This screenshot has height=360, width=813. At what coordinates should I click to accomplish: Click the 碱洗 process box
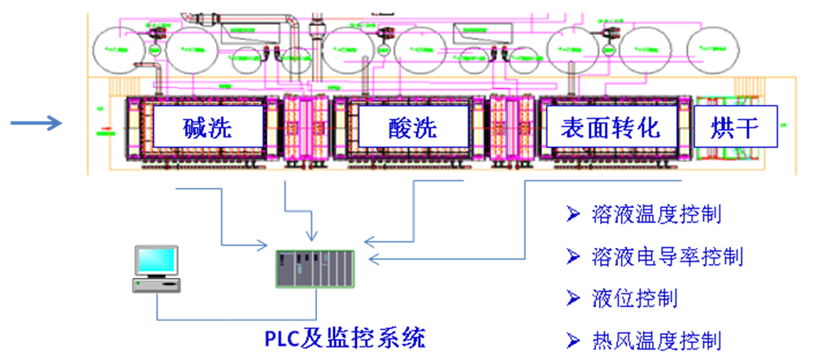tap(208, 128)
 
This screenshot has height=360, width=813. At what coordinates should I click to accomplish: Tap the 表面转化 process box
tap(610, 128)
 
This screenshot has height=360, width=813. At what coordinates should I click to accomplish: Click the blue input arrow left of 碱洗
tap(37, 124)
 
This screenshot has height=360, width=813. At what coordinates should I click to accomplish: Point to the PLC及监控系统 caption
tap(345, 336)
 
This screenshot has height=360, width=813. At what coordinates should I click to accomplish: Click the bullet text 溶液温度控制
tap(657, 215)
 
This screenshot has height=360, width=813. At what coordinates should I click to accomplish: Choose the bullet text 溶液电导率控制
tap(667, 258)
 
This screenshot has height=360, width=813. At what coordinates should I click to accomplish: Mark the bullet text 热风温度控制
tap(657, 340)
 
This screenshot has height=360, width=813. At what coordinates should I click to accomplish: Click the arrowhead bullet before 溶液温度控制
tap(573, 215)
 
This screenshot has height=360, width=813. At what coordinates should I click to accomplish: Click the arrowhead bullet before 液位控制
tap(573, 298)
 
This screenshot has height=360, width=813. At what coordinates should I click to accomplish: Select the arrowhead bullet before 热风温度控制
tap(573, 340)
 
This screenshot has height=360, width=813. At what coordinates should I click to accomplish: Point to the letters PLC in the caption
tap(284, 336)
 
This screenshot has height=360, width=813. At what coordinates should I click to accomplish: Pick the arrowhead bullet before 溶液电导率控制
tap(573, 258)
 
